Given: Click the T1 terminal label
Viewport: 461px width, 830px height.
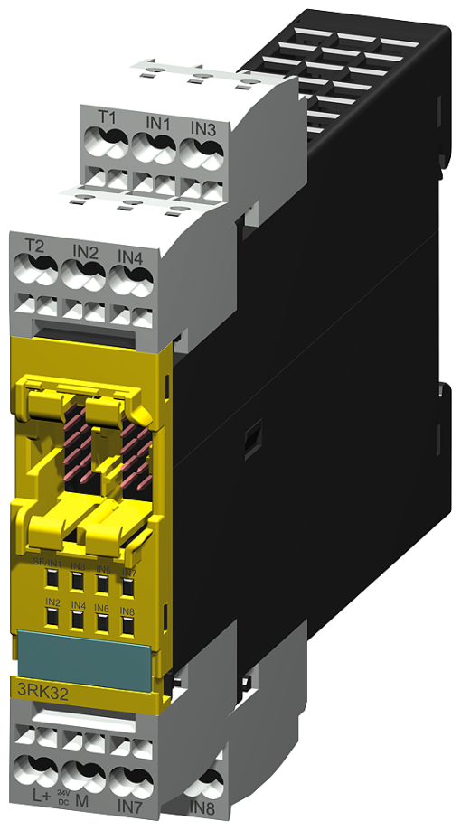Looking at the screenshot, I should (x=108, y=118).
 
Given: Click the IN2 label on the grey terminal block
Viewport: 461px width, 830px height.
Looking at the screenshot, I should (x=85, y=250).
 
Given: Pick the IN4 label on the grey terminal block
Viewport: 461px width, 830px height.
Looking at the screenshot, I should (x=131, y=256).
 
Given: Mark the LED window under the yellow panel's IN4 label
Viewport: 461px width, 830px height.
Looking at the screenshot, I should (x=79, y=620).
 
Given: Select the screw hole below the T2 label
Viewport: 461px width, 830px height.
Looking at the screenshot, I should (x=38, y=269).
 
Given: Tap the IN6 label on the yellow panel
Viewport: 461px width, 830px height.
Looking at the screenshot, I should (x=103, y=609).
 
